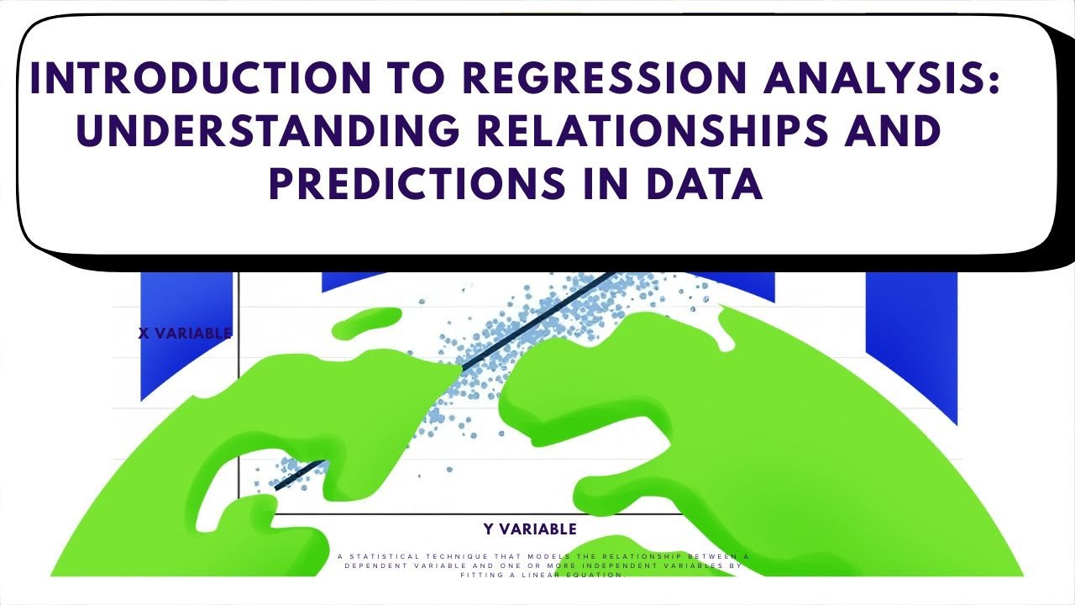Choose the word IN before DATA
tap(619, 184)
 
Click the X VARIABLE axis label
tap(185, 334)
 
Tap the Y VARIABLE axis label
tap(530, 529)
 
